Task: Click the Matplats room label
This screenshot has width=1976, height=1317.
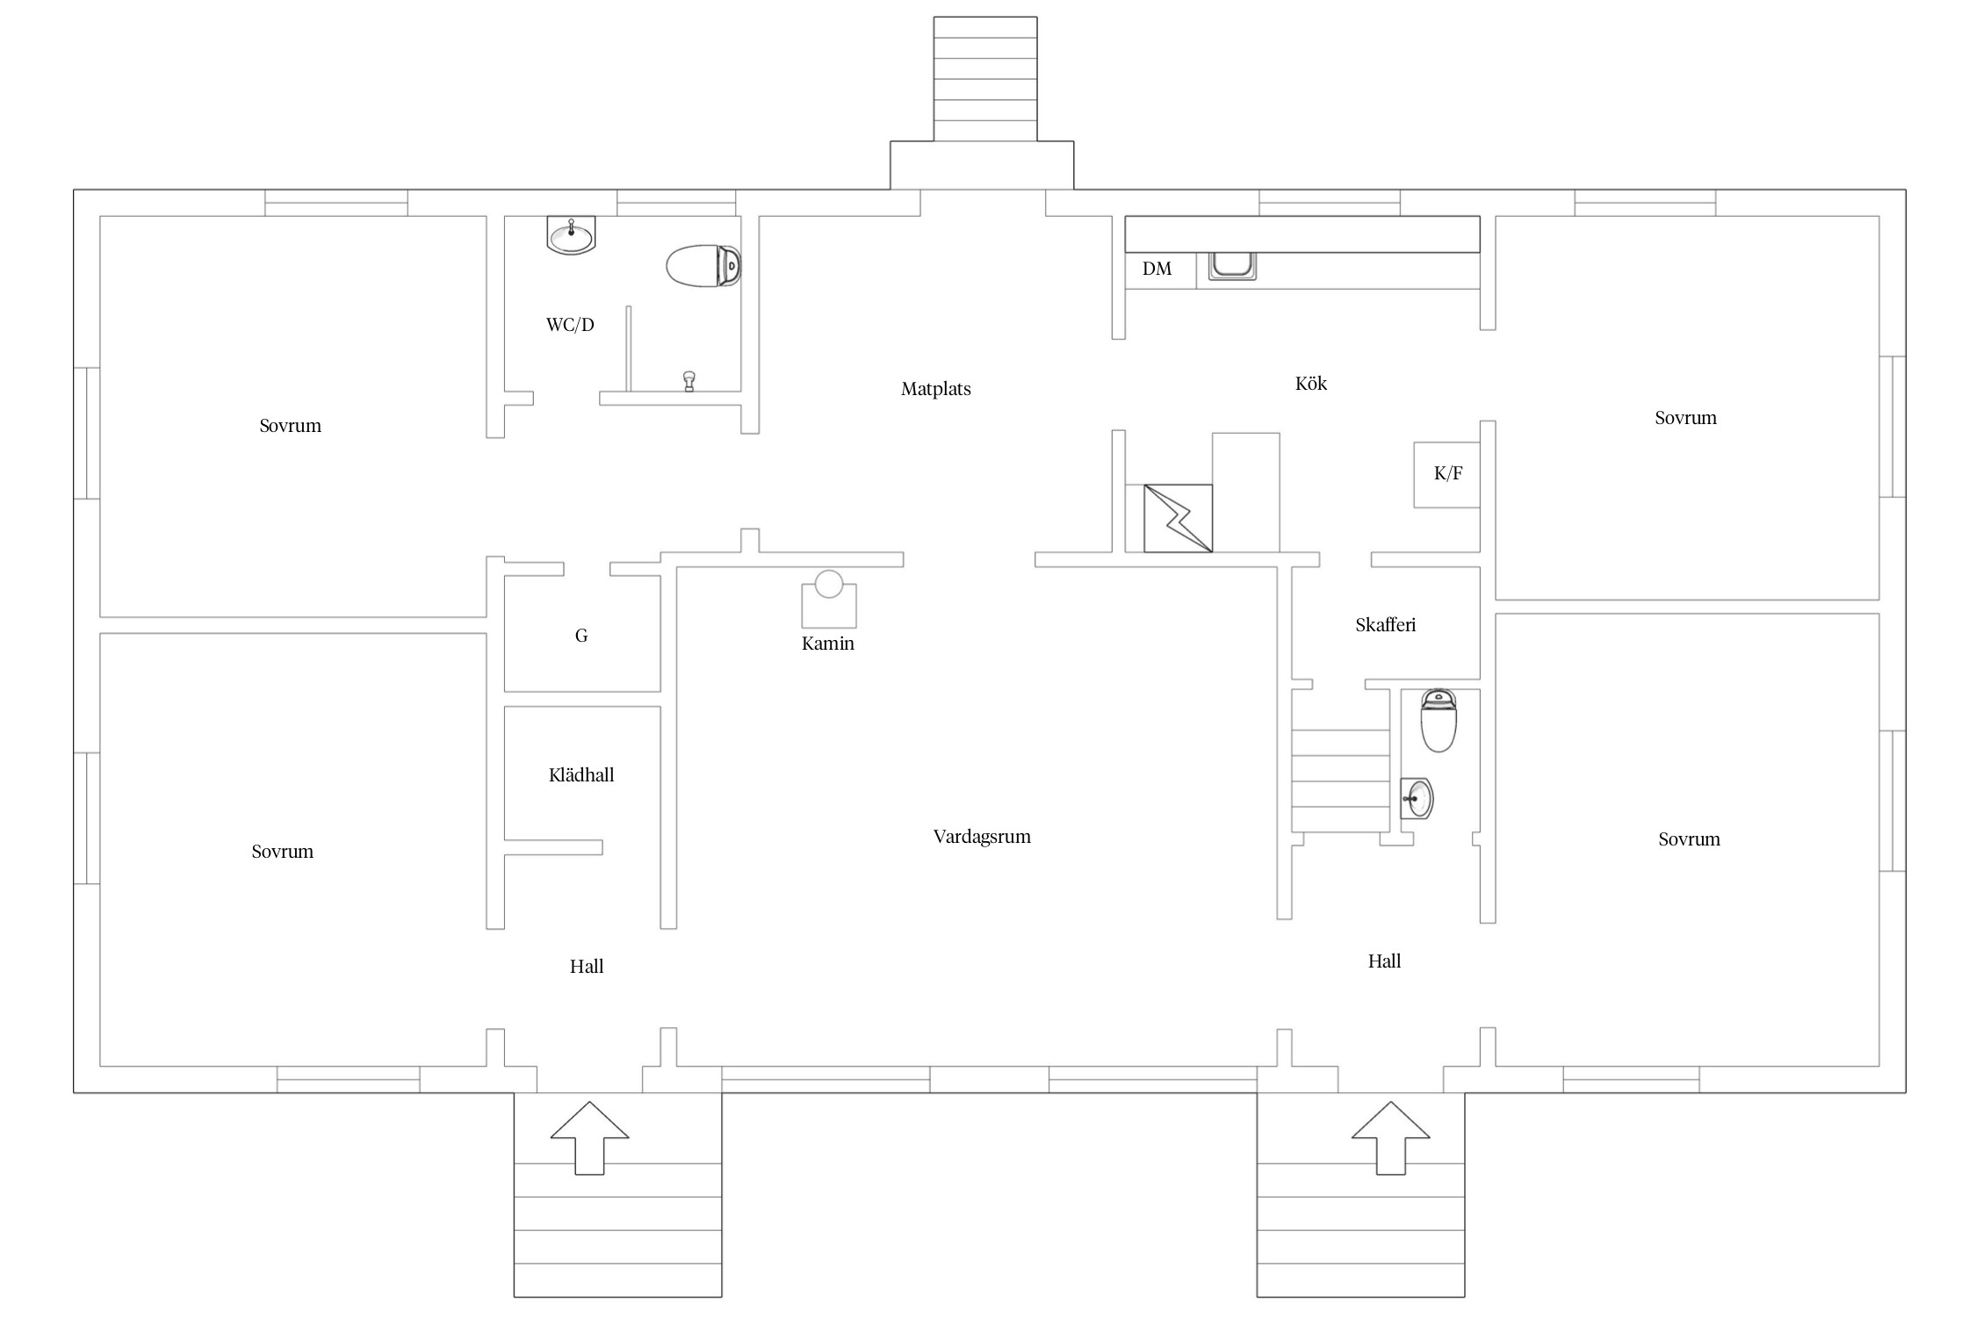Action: pos(935,389)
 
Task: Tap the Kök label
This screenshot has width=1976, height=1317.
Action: pos(1310,383)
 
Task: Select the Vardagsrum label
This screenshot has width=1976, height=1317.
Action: pos(982,837)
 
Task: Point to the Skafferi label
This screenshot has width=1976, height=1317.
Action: pos(1385,624)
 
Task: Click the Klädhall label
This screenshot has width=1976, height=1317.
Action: pos(581,774)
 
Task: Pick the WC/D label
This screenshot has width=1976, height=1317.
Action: pos(570,325)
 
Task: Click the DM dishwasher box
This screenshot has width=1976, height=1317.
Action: pos(1160,270)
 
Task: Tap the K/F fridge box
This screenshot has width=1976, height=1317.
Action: pos(1446,474)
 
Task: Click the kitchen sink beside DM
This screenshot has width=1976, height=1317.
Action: pos(1232,265)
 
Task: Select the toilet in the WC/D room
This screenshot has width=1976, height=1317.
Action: pos(704,266)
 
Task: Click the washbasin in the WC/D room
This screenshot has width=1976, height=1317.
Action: pos(571,234)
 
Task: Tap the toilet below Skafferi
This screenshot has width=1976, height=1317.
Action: pos(1439,720)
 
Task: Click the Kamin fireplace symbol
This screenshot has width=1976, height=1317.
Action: pos(828,599)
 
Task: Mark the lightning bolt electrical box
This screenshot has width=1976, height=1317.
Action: pos(1178,518)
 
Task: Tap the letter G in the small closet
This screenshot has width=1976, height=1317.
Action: pos(581,636)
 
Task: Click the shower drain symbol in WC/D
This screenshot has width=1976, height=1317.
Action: pos(689,381)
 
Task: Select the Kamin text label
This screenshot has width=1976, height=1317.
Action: pos(827,644)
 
